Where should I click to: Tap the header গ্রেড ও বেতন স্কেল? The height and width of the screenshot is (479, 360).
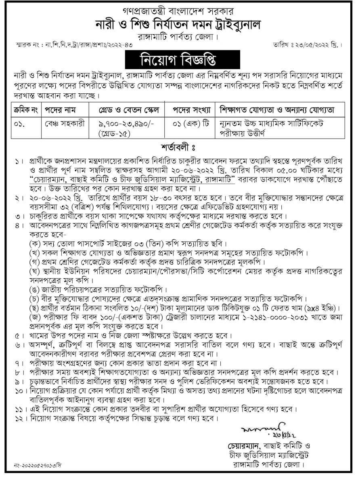pyautogui.click(x=125, y=110)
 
